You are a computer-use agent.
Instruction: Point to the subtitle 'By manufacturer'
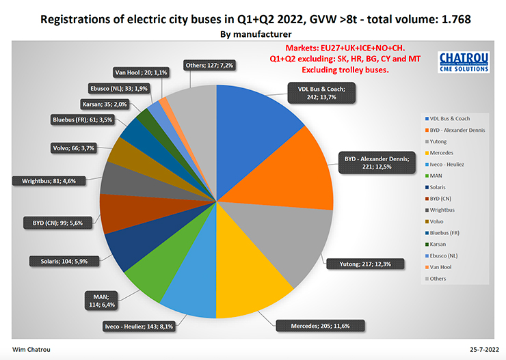click(252, 33)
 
